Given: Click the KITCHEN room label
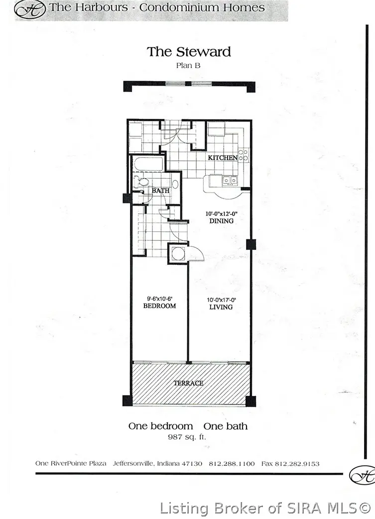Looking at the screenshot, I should coord(223,158).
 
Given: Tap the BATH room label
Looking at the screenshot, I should coord(160,191).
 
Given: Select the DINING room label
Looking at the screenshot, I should coord(222,221).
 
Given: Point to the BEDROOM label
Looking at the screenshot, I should coord(159,306).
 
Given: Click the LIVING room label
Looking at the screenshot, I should coord(221,307).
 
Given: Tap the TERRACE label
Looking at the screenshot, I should coord(188,383).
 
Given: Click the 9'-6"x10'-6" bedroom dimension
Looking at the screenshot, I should coord(159,299).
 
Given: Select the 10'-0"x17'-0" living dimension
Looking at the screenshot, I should coord(221,300).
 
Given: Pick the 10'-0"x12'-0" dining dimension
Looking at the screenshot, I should coord(222,214).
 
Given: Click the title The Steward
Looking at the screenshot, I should coord(189,52).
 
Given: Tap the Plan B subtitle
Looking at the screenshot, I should coord(189,65).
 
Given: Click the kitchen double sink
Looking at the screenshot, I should coord(230,180).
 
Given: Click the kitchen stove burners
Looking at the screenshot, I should coord(243,155).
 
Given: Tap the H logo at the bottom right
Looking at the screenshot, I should coord(362,475).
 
